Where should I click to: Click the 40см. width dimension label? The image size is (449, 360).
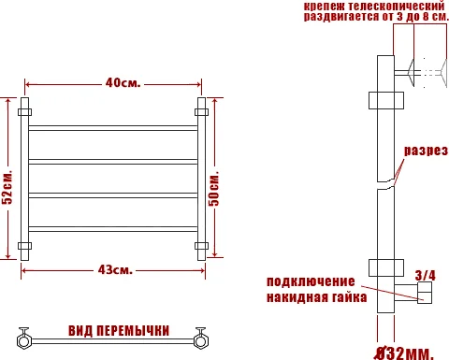coord(123,83)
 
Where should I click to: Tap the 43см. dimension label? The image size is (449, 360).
coord(114,271)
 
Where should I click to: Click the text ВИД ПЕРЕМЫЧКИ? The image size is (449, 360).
coord(119,331)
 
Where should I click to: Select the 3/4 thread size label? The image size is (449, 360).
coord(426,275)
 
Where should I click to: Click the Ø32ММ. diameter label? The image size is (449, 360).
coord(405,353)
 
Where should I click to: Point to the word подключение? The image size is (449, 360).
coord(311,281)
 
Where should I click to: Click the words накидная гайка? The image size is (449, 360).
coord(311,297)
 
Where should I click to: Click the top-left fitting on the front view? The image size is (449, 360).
coord(25,112)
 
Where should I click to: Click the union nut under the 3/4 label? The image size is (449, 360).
coord(425,295)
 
